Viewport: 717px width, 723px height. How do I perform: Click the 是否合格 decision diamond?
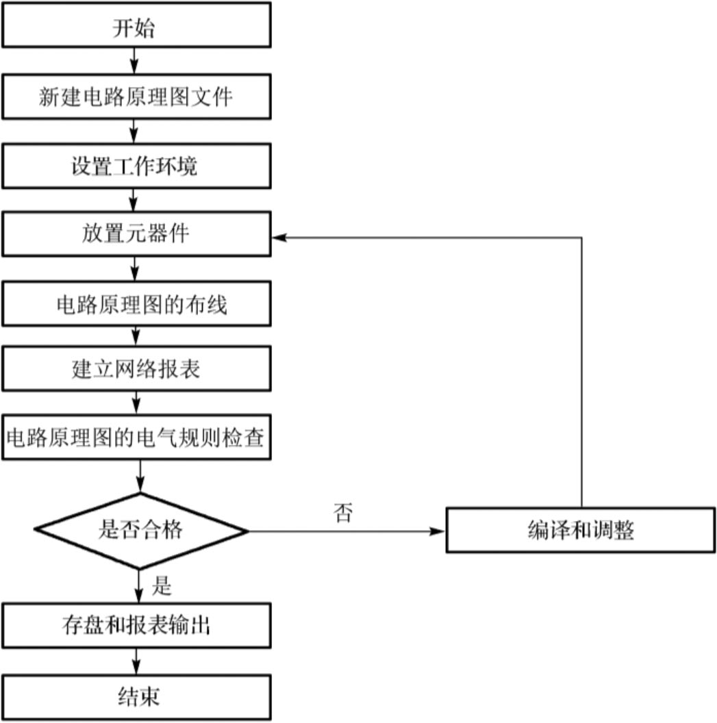tap(140, 531)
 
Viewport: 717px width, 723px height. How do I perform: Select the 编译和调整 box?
tap(581, 530)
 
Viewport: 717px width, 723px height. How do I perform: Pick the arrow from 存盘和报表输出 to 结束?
tap(138, 660)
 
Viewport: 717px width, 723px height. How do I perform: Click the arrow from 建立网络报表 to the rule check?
tap(138, 402)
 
